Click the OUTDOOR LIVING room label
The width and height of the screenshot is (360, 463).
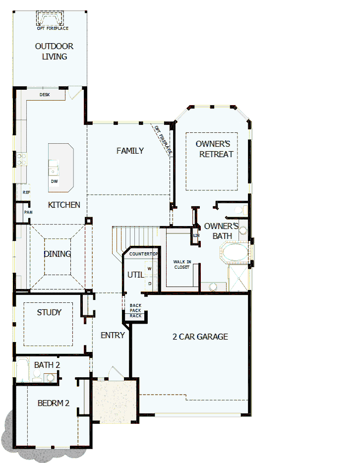54,52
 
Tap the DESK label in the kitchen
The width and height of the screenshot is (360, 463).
45,94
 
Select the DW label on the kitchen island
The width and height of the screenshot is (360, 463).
54,181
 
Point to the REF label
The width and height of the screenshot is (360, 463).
26,192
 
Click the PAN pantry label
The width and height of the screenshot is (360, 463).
28,212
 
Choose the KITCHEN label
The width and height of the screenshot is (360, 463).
64,205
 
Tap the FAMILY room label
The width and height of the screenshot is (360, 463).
130,151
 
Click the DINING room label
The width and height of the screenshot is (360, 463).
57,254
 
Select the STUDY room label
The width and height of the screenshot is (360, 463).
49,312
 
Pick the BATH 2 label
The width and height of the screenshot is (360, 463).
47,365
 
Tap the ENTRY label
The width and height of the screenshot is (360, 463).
113,335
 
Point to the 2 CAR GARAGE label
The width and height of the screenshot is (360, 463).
200,337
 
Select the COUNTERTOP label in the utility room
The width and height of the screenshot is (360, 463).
143,254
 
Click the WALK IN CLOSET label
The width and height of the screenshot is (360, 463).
182,264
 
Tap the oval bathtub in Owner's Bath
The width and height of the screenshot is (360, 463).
235,252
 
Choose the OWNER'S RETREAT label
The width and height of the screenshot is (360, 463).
216,149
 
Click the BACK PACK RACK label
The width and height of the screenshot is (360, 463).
135,311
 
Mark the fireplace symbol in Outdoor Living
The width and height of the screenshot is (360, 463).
50,19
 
